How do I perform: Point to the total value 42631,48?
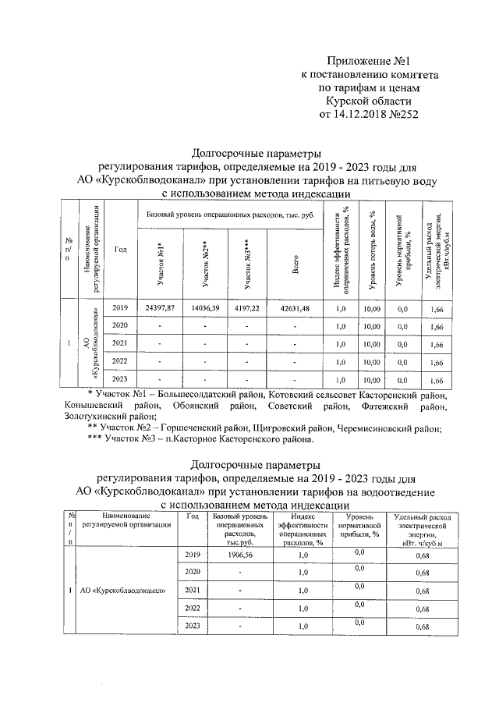click(x=296, y=308)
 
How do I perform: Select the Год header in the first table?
click(x=120, y=249)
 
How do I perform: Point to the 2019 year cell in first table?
click(x=120, y=308)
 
